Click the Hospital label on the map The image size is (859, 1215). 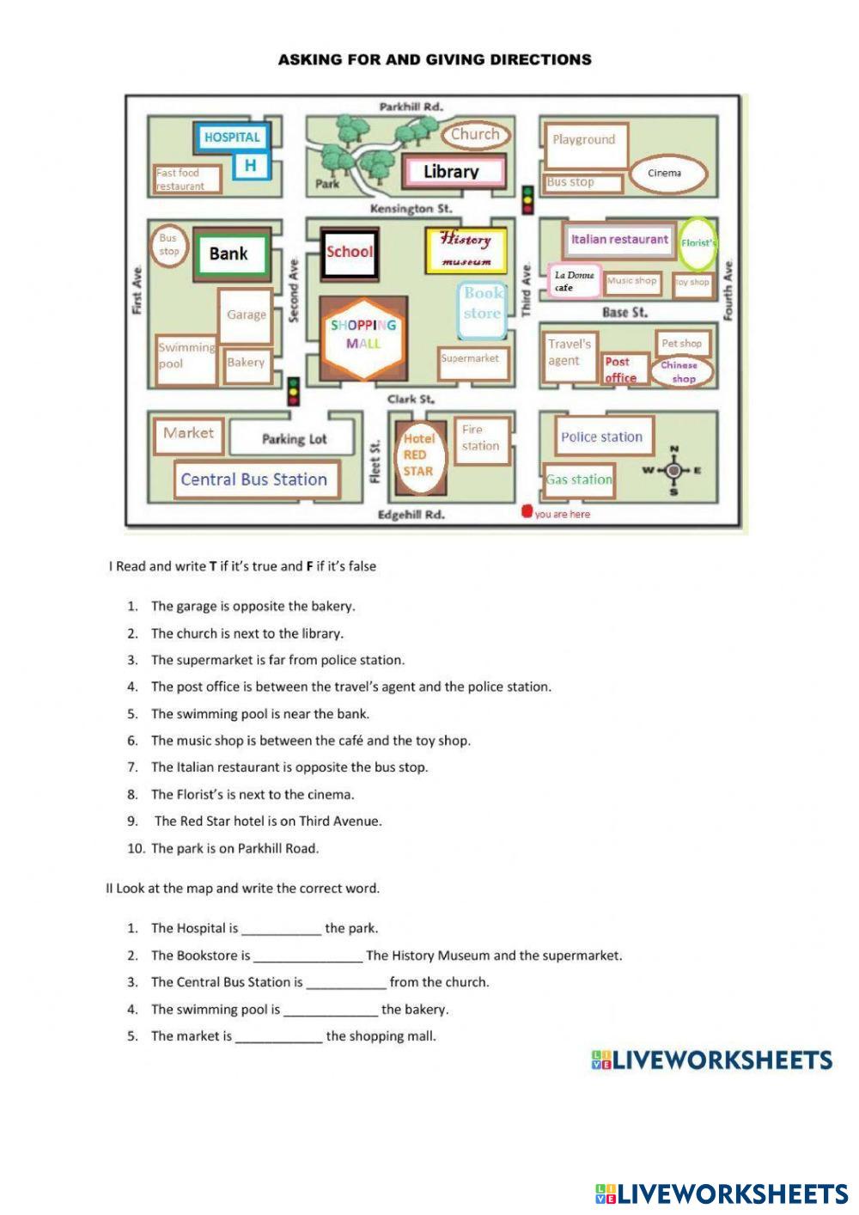232,137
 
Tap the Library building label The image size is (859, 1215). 452,172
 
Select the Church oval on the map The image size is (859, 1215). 475,134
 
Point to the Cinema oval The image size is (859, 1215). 665,174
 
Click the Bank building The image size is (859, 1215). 229,253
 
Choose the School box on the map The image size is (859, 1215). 349,253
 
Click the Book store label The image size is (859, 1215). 481,303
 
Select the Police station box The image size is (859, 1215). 601,437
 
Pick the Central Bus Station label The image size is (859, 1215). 254,479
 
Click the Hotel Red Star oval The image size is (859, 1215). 419,455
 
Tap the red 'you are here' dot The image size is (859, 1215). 527,512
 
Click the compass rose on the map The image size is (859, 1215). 673,470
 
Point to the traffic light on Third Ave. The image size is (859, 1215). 527,199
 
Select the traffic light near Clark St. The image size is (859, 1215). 293,392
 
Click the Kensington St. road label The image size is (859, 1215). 411,209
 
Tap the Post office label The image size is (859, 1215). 619,369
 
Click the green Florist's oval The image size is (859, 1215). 698,242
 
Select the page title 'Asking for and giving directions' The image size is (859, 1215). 435,60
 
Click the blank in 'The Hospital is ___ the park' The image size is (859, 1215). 281,929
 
